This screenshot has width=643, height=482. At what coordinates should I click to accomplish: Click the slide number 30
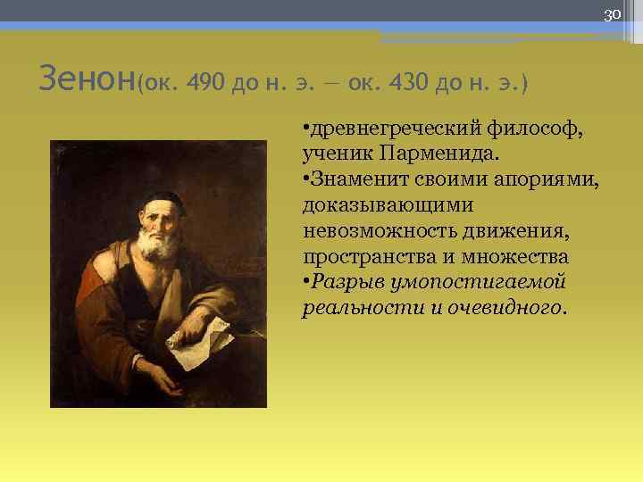click(612, 14)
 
